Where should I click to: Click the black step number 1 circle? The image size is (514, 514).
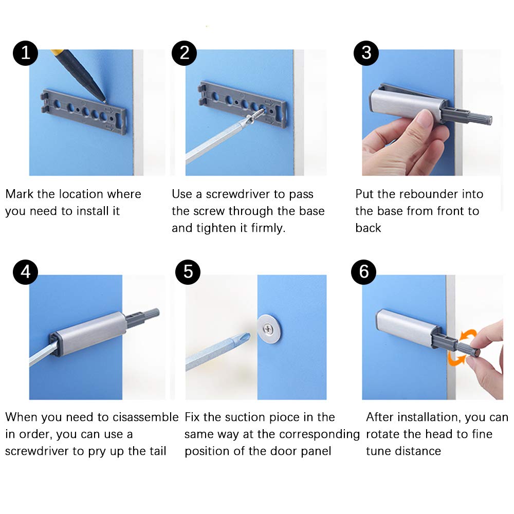point(25,53)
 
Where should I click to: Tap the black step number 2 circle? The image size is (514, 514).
point(184,53)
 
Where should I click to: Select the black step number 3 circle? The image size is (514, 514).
point(366,53)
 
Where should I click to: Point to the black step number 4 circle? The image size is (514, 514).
point(25,272)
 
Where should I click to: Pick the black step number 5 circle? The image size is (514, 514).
point(188,272)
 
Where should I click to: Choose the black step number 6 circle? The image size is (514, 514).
point(363,272)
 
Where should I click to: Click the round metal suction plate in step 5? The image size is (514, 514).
point(269,328)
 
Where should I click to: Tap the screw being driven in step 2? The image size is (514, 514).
point(255,116)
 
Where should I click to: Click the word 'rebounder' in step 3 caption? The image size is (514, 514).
point(427,194)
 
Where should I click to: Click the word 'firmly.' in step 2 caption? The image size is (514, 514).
point(268,228)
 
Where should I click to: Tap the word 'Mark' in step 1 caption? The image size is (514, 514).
point(20,194)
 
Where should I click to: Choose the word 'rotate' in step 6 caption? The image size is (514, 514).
point(383,434)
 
